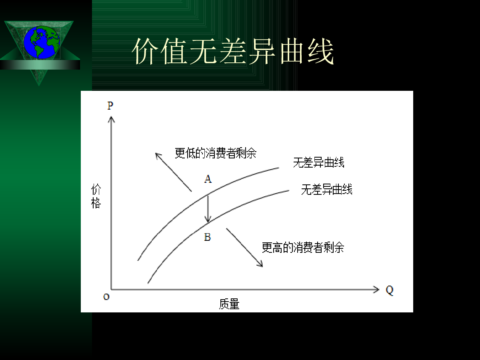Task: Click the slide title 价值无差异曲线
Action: click(233, 51)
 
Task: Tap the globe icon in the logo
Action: click(42, 42)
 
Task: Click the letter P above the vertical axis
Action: click(110, 106)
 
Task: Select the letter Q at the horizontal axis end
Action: click(390, 290)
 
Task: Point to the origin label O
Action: click(106, 297)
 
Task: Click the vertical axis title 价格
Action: click(96, 196)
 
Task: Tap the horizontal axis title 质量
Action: click(229, 304)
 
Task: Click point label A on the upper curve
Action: click(208, 179)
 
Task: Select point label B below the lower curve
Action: click(207, 237)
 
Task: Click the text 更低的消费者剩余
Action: click(215, 153)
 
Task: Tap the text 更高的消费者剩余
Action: click(303, 248)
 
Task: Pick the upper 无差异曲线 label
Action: click(319, 162)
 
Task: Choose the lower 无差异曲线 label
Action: click(327, 189)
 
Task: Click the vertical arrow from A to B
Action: click(208, 209)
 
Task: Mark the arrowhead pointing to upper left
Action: click(158, 156)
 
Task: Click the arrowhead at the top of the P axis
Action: click(111, 119)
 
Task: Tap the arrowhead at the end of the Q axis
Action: click(376, 290)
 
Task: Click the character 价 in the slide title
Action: click(145, 51)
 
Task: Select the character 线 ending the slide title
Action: click(321, 51)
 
